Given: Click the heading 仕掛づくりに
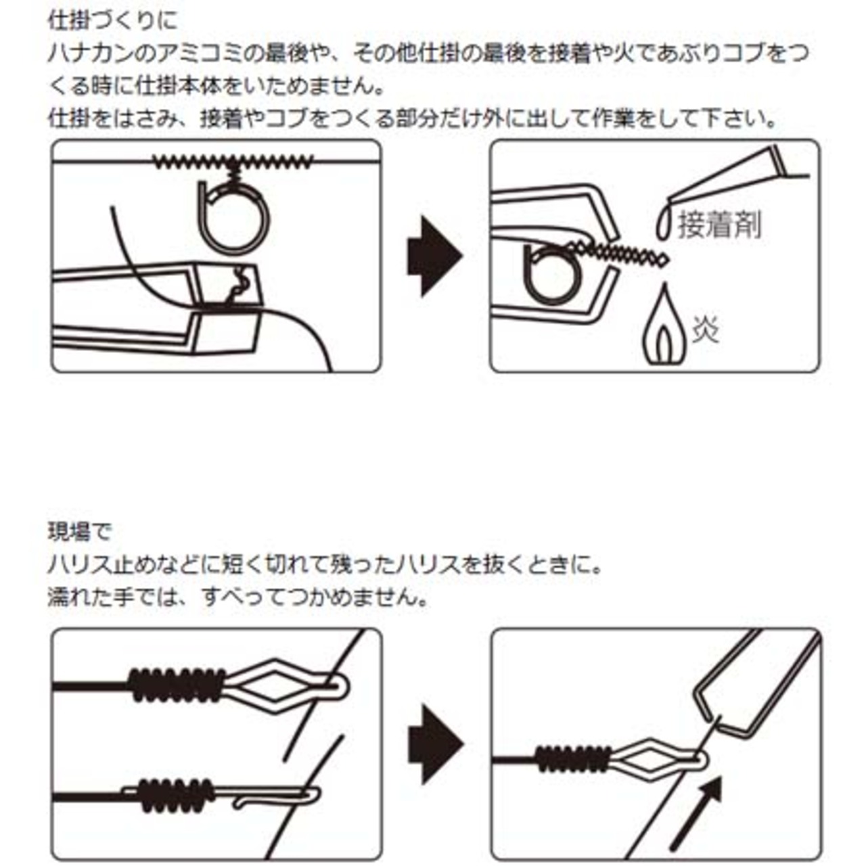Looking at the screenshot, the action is (113, 21).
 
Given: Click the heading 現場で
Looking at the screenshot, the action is (79, 532).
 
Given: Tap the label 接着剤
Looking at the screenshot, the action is (719, 225).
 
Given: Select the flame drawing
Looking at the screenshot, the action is (665, 326).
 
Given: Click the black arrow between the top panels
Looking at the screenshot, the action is (434, 256).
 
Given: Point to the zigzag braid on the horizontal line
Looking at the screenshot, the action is (233, 161).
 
